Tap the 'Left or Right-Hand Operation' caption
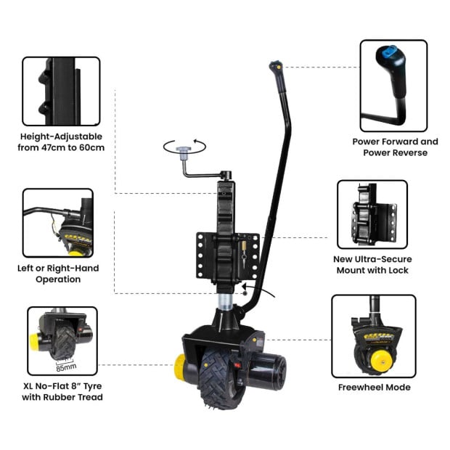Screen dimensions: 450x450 [x=58, y=274]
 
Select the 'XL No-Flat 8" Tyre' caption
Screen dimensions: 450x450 [x=62, y=391]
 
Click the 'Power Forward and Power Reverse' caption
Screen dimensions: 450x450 [x=395, y=147]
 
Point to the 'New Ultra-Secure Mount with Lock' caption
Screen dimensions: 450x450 [x=372, y=264]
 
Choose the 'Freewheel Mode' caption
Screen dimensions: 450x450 [x=374, y=387]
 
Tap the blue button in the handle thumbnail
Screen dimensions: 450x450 [x=390, y=52]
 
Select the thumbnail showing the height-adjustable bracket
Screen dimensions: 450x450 [x=61, y=91]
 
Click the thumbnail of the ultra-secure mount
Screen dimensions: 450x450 [x=372, y=214]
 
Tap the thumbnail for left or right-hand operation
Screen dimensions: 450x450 [x=57, y=222]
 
